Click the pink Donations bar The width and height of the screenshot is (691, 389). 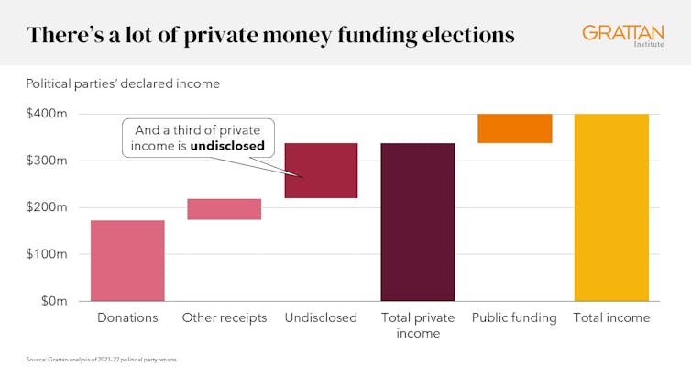(127, 261)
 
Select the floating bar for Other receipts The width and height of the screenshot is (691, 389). (225, 209)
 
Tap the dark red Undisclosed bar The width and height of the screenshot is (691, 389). (321, 171)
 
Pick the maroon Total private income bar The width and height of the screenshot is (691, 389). (417, 222)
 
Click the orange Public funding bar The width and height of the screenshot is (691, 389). (514, 128)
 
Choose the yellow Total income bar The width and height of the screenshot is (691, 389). (611, 207)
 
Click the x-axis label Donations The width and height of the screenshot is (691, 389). (127, 318)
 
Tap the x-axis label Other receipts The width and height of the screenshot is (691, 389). (225, 318)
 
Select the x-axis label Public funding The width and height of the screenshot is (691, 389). (514, 318)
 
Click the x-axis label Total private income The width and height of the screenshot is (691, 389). (417, 326)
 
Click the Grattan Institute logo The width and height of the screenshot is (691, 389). (623, 36)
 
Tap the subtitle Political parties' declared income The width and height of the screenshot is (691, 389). (123, 83)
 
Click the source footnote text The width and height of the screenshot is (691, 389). (102, 360)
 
